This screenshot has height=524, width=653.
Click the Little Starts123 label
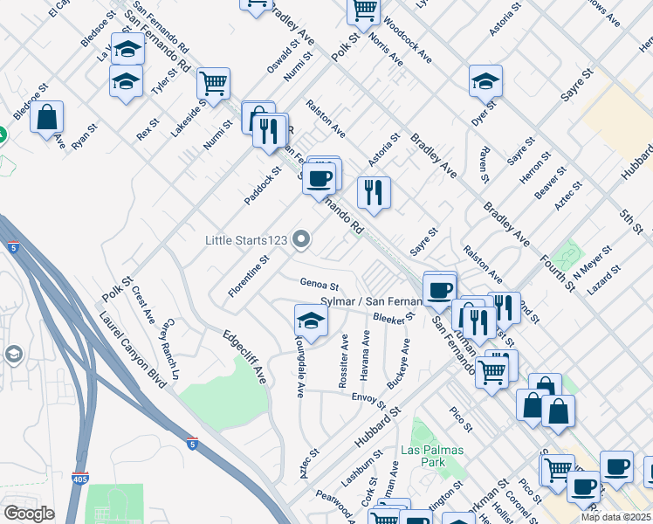tap(247, 239)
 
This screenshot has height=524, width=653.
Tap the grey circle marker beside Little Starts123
tap(302, 238)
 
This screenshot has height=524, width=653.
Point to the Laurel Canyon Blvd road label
tap(132, 349)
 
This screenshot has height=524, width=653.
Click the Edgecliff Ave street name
tap(244, 356)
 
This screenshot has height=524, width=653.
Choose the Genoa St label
tap(319, 284)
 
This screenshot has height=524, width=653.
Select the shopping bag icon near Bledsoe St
tap(46, 116)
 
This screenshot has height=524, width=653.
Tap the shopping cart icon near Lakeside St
tap(213, 84)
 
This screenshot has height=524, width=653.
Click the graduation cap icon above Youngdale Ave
tap(310, 320)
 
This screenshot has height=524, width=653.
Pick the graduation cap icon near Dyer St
tap(485, 81)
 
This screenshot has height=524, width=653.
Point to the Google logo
tap(29, 514)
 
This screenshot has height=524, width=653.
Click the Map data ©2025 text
tap(615, 517)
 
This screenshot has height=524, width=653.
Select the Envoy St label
tap(368, 401)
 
